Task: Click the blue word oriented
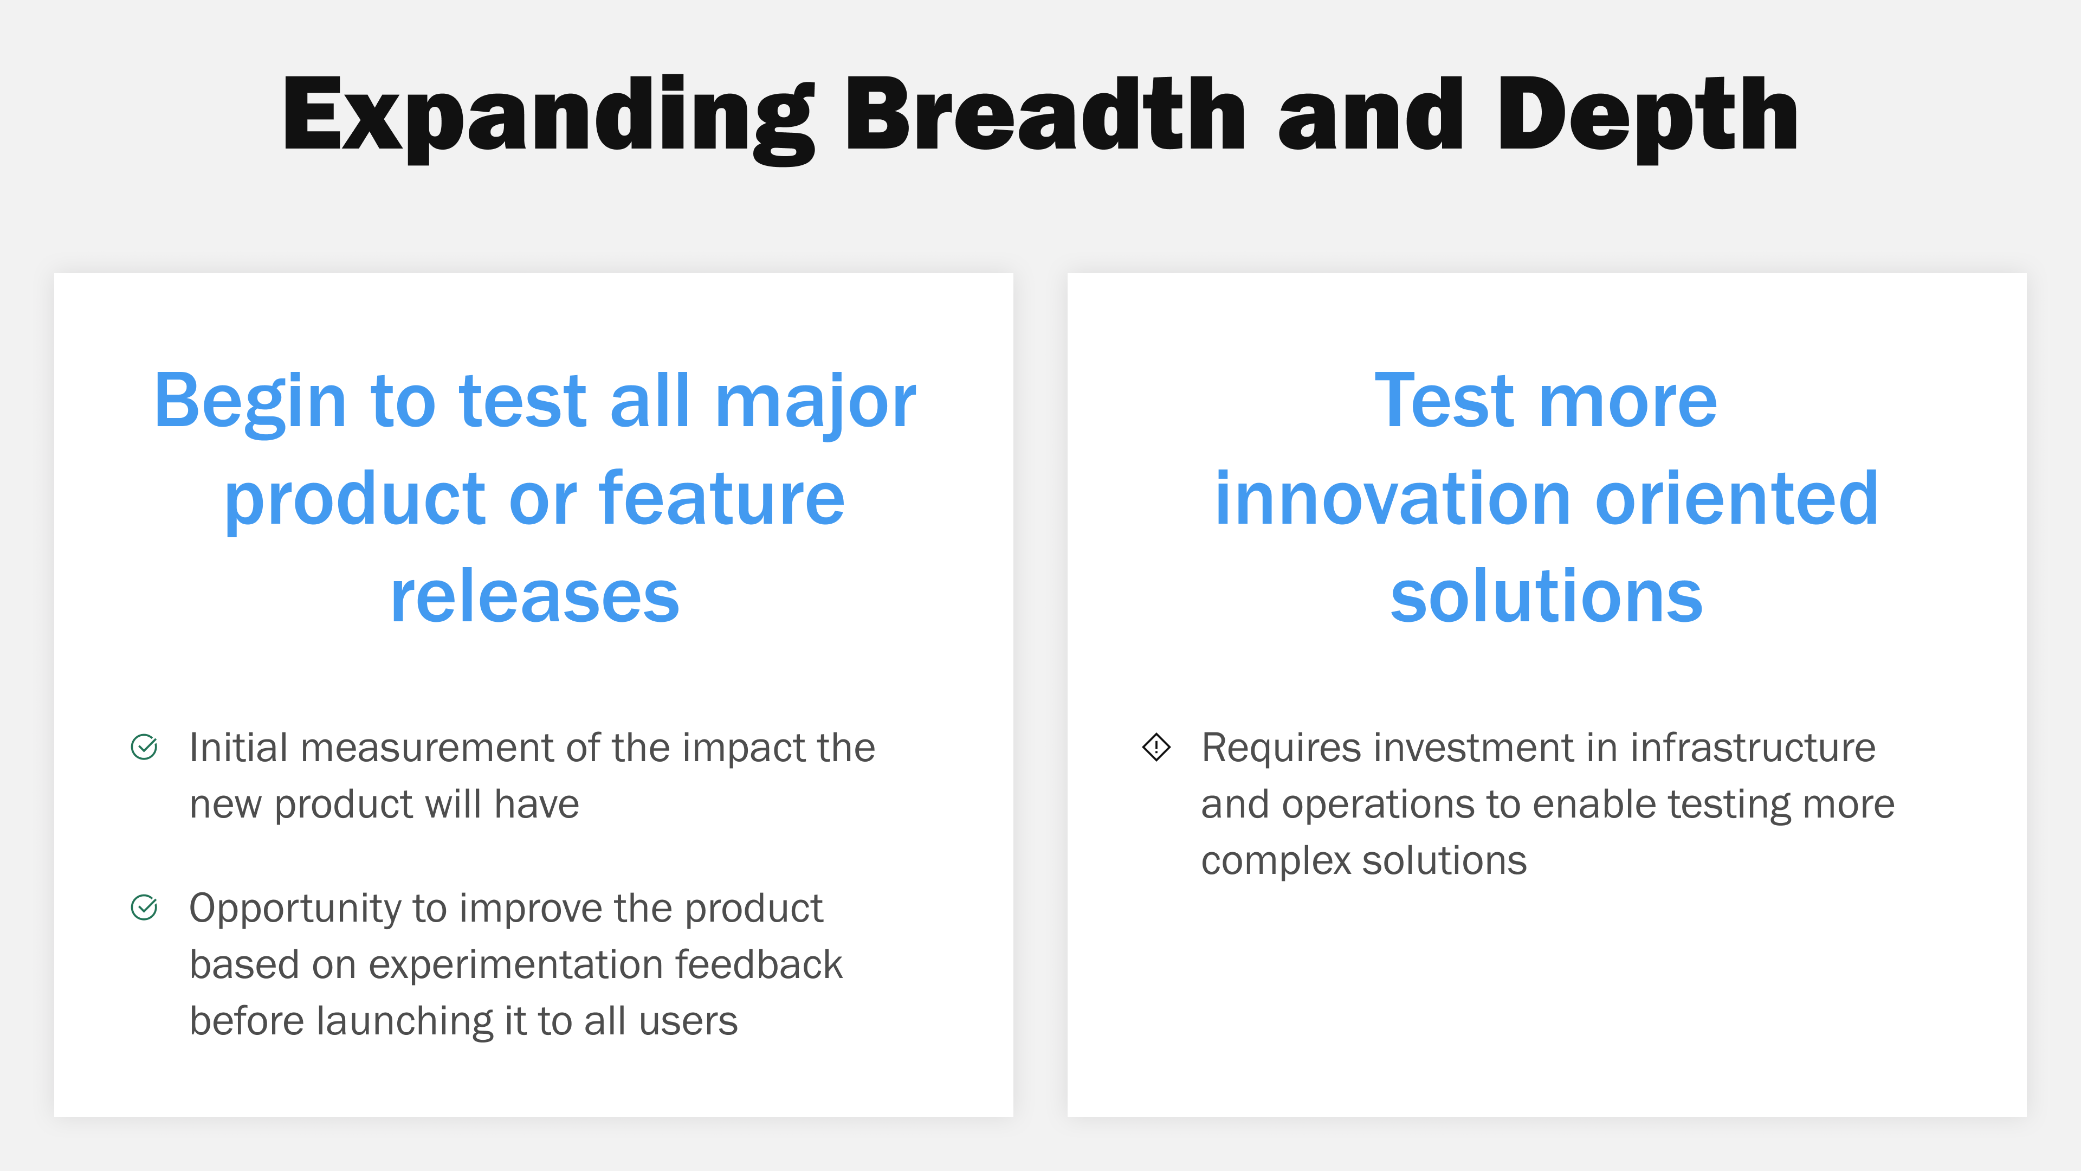pos(1737,499)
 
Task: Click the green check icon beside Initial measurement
pos(144,747)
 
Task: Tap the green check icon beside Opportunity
pos(144,908)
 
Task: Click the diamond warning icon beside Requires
pos(1156,747)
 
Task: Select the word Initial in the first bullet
pos(238,748)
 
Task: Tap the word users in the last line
pos(688,1021)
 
